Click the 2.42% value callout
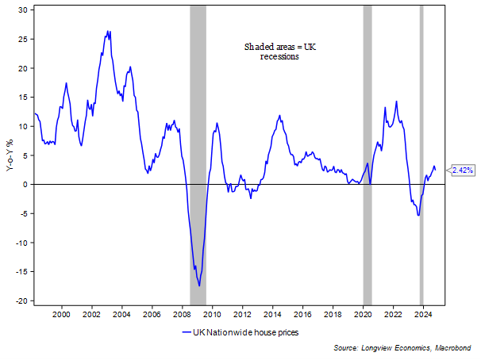463,170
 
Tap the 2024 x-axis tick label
423,312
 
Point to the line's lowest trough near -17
199,285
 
